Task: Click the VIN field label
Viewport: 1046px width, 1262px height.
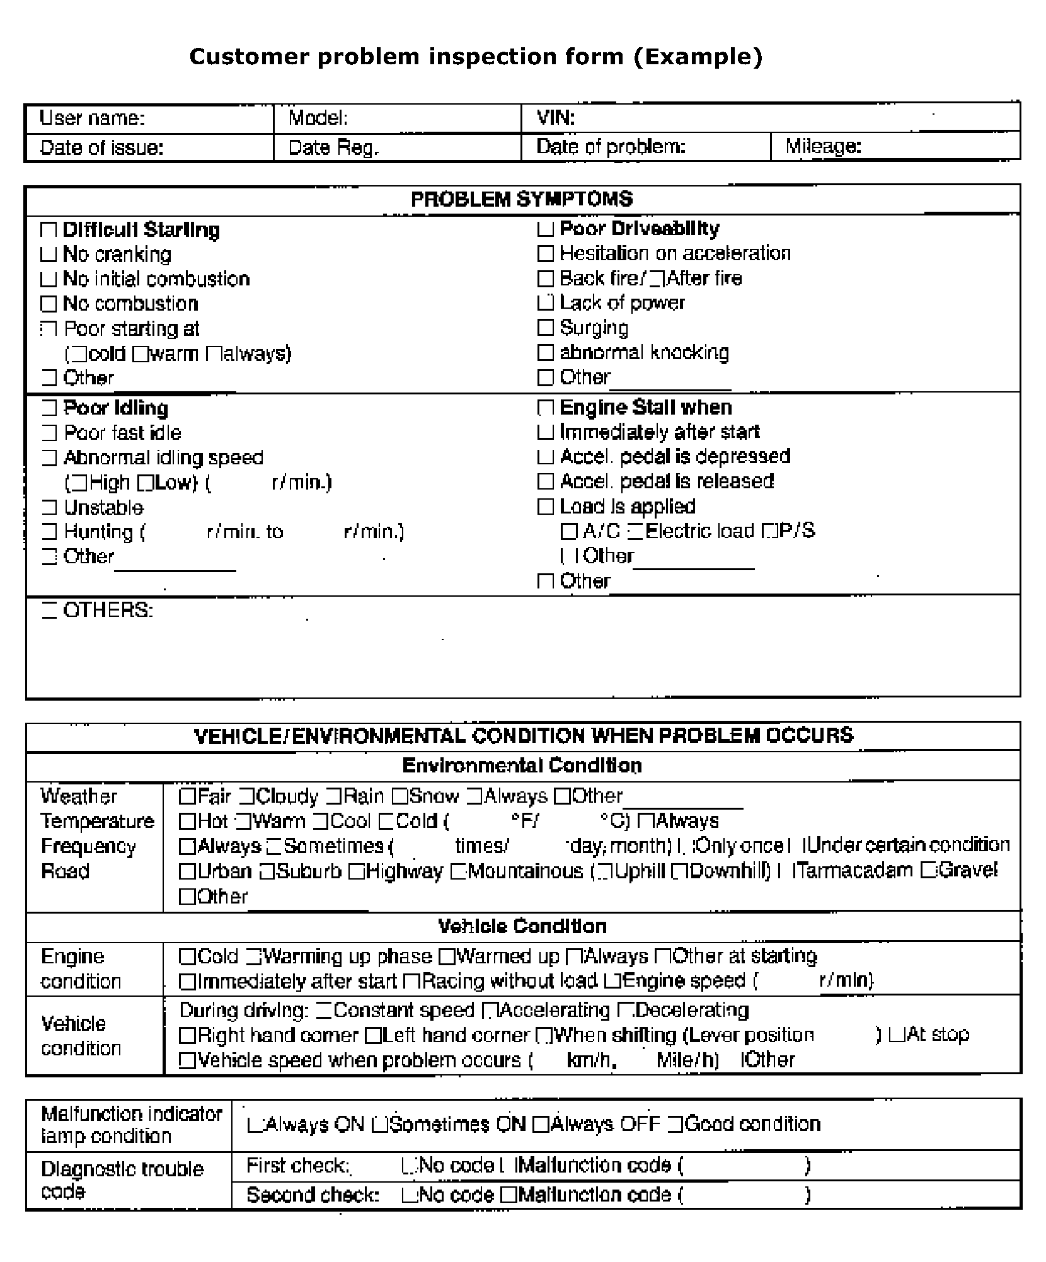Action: coord(555,118)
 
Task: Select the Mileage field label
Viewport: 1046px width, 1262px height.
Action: coord(822,147)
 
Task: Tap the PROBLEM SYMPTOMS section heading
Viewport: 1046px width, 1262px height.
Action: coord(522,199)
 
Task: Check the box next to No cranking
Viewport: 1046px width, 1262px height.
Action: coord(49,255)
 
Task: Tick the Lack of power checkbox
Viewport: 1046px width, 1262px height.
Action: coord(545,303)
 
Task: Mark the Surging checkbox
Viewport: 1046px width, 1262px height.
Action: coord(545,328)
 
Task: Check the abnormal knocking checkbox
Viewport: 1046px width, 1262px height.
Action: coord(545,353)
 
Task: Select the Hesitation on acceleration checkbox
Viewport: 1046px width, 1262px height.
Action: coord(545,253)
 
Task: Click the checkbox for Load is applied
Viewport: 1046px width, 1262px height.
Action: coord(545,507)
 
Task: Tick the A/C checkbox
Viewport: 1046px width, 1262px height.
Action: coord(568,532)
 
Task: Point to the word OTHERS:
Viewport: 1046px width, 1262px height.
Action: coord(108,610)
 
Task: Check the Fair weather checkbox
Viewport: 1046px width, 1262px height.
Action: coord(187,797)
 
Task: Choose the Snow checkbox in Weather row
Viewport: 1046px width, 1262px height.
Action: coord(399,797)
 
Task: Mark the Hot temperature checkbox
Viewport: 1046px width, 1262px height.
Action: coord(187,822)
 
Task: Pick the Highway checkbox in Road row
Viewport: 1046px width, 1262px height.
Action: coord(356,872)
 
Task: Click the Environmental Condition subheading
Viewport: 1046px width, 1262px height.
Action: coord(522,766)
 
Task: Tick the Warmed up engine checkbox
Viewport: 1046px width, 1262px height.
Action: coord(446,957)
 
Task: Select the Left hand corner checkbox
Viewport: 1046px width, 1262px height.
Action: coord(372,1035)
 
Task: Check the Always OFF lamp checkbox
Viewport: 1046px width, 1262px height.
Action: coord(540,1125)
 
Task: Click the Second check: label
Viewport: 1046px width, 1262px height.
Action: coord(313,1195)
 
